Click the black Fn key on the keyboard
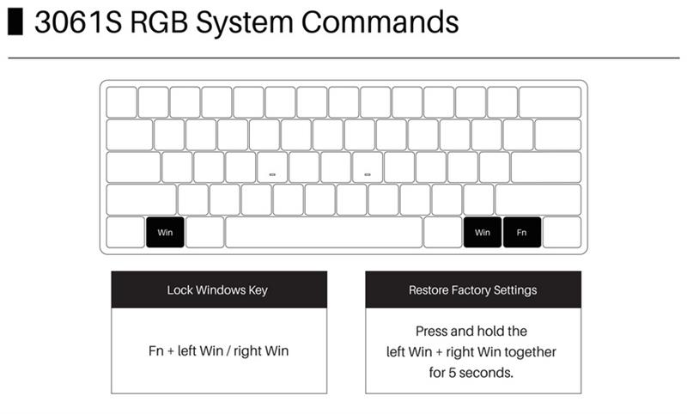point(522,232)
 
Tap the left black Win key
point(165,232)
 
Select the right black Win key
point(482,232)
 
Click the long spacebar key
point(324,232)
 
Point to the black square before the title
point(15,22)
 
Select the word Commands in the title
point(379,22)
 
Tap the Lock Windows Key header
point(218,290)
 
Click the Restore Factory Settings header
point(472,290)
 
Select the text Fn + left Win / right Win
point(218,351)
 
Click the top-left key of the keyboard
point(121,102)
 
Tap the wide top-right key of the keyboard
point(550,102)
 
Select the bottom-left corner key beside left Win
point(125,232)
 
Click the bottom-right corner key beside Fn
point(562,232)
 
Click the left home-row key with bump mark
point(272,167)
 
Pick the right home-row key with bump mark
point(367,167)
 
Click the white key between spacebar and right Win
point(442,232)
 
